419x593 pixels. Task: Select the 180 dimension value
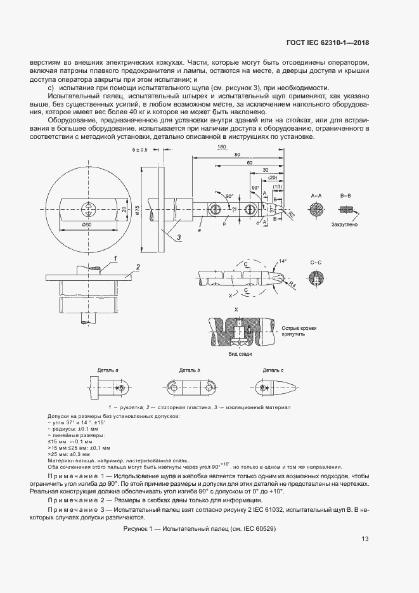(x=221, y=148)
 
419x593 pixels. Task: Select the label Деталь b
(x=188, y=370)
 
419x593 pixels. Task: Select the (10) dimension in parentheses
(x=277, y=186)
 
